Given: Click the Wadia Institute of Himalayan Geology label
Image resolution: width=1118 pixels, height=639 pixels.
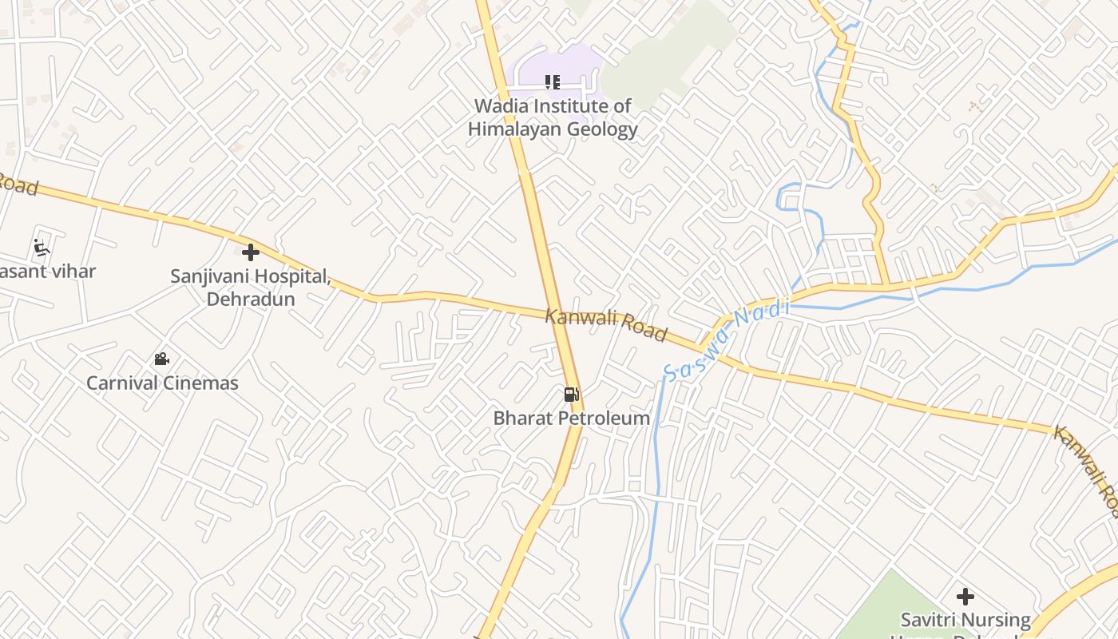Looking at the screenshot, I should pos(553,117).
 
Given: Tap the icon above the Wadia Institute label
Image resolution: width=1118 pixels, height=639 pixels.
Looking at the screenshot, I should pos(552,81).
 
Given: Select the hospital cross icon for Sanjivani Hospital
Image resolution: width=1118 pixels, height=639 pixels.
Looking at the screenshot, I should pos(251,252).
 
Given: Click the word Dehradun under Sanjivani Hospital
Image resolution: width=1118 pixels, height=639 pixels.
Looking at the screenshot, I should pos(251,299).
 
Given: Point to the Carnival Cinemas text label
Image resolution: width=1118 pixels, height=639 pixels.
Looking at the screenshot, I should pos(162,383).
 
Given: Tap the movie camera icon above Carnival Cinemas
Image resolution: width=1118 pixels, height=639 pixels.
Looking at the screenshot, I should pos(162,359).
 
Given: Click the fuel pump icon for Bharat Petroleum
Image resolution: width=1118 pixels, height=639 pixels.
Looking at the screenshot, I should pos(571,394).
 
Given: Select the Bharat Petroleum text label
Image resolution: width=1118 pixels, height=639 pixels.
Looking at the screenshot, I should pos(571,418).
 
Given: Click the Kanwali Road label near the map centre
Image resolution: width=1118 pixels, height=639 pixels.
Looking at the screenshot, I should pos(605,324).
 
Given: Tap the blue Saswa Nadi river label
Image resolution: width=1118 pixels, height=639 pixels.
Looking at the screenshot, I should pos(726,339).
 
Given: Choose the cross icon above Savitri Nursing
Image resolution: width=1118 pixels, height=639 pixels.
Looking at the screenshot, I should pos(965,596).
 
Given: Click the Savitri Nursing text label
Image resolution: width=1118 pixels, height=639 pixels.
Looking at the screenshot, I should pos(965,620).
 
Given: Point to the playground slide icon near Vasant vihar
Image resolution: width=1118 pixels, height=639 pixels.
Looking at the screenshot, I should pos(42,248).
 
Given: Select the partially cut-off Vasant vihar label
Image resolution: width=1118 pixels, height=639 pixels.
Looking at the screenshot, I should pos(48,272).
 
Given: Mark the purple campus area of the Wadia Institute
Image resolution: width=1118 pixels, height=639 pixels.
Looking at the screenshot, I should pos(559,64).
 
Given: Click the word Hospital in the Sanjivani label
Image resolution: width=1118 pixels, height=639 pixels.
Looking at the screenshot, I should pos(290,276).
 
